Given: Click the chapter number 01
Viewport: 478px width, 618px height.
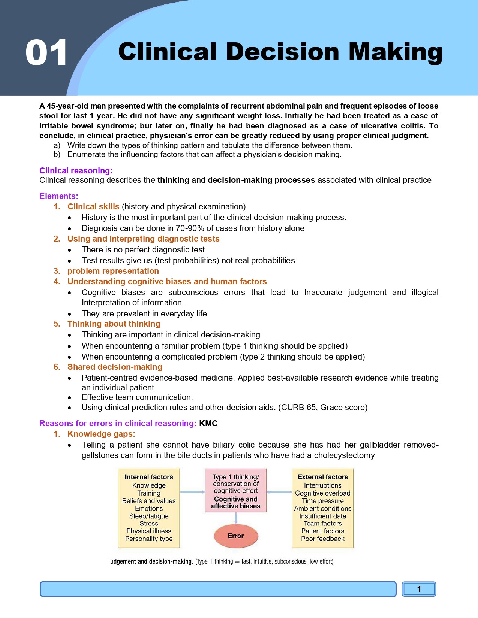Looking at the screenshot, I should click(46, 53).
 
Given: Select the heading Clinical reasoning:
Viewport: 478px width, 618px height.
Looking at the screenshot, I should click(76, 171).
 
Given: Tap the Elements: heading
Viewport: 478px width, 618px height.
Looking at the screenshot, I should click(59, 196).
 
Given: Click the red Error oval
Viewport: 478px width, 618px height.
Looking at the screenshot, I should click(236, 536).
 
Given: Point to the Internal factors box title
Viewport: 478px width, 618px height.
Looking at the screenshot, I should click(149, 477).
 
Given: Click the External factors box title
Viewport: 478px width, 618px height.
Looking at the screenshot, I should click(323, 477).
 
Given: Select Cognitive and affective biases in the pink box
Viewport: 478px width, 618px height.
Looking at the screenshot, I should click(236, 503).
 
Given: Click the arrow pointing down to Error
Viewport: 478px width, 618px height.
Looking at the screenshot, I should click(236, 518).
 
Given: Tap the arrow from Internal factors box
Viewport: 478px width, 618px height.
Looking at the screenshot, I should click(192, 492).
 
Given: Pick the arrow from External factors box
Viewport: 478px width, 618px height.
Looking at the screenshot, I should click(279, 492).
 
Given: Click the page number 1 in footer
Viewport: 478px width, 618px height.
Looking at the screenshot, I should click(419, 589).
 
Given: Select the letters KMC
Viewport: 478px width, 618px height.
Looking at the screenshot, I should click(208, 424).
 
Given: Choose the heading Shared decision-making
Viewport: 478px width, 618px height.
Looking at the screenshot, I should click(115, 367).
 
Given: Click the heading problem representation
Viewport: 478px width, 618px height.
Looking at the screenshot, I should click(113, 271).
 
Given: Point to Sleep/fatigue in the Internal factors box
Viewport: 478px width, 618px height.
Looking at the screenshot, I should click(149, 516).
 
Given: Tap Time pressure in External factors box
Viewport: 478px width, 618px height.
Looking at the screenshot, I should click(323, 501).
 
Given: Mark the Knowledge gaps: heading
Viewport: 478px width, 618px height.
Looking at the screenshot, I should click(101, 434).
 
